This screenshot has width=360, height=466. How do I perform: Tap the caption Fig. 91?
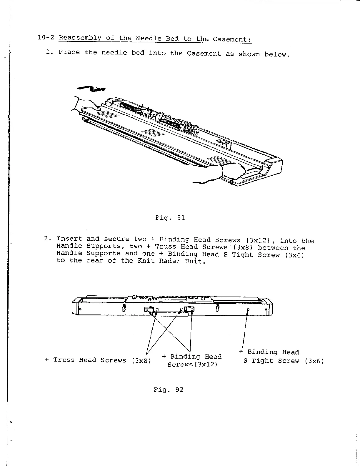click(x=170, y=218)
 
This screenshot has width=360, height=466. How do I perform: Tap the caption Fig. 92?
click(x=168, y=390)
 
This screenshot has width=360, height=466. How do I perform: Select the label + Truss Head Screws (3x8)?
click(x=98, y=360)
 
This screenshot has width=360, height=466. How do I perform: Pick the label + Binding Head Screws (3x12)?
click(x=192, y=360)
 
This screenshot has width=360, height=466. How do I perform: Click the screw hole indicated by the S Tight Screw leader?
click(x=248, y=310)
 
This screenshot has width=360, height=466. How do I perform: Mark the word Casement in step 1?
click(x=204, y=54)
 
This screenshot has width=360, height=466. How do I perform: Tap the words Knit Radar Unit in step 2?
click(x=171, y=261)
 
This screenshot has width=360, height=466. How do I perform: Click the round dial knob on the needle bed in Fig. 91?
click(x=194, y=129)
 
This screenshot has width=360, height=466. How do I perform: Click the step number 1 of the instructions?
click(x=49, y=52)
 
